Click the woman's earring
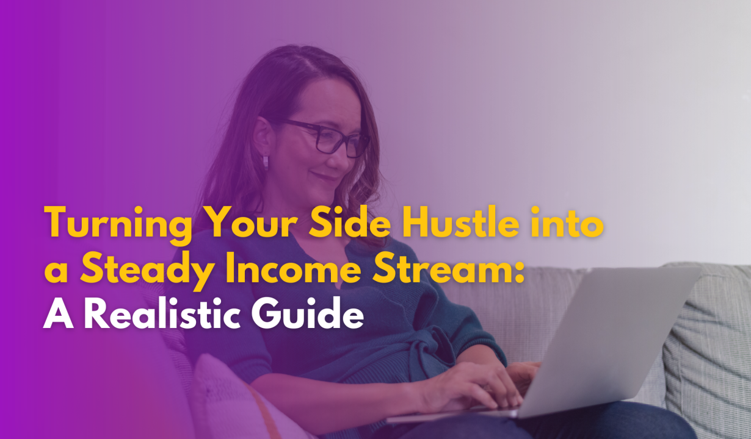coord(266,162)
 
